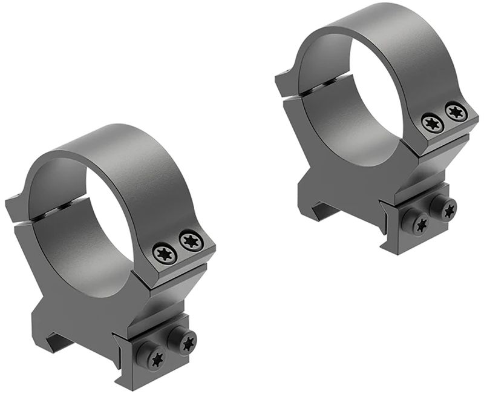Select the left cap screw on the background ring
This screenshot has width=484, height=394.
tap(431, 121)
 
